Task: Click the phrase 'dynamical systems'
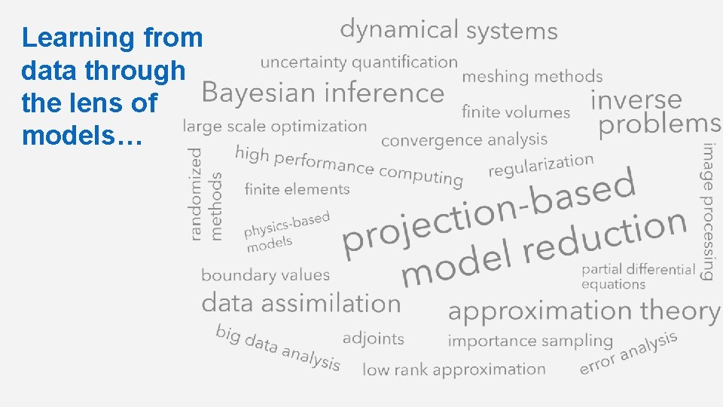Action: pos(448,30)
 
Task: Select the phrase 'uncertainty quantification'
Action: pos(358,63)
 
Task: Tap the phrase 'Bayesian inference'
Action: pos(323,93)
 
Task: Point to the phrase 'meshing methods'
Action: pos(532,77)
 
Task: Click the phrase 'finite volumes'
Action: pos(516,113)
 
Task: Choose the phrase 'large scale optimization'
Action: pos(275,127)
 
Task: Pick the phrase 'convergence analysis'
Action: pos(464,140)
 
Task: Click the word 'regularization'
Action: pos(541,165)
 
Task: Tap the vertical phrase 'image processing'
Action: pos(709,211)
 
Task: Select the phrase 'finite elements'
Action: pos(297,189)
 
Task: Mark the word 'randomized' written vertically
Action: pos(196,194)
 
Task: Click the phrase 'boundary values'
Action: pos(265,275)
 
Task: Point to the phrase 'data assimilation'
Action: pos(300,304)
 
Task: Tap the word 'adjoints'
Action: pos(373,339)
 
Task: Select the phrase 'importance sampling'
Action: pos(530,341)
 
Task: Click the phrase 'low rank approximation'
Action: pos(453,369)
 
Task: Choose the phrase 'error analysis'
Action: pos(628,353)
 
